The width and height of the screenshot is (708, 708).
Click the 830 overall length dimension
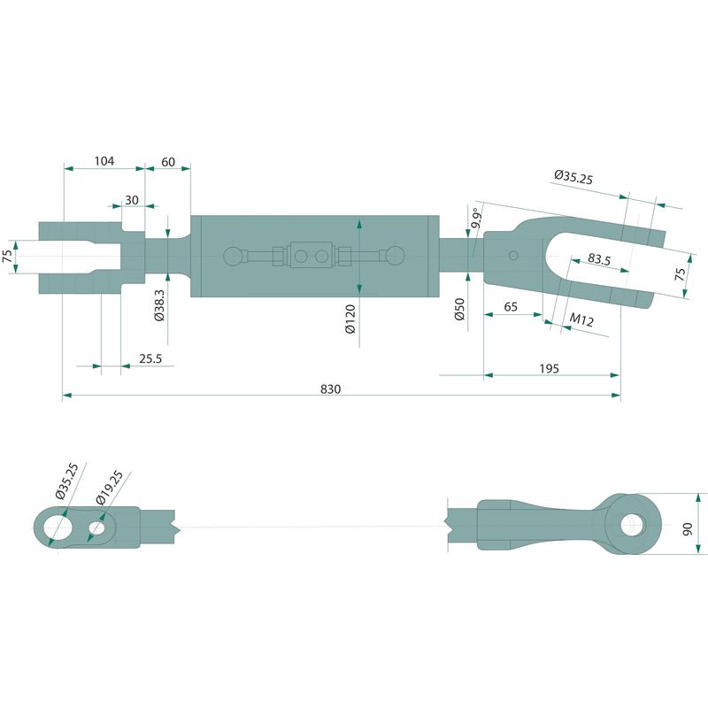[x=330, y=389]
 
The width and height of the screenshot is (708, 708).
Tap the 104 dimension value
[x=104, y=161]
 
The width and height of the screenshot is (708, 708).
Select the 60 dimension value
[x=168, y=162]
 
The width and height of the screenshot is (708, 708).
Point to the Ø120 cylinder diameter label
[x=350, y=319]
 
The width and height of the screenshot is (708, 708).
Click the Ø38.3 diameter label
[x=159, y=305]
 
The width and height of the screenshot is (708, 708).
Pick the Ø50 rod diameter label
[x=459, y=309]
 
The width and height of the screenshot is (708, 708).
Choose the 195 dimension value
[x=549, y=368]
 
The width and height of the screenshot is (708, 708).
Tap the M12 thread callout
[x=581, y=319]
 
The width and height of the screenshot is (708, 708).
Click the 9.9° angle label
[x=476, y=218]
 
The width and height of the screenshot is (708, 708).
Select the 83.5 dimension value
[x=599, y=259]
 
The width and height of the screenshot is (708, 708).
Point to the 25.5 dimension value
[x=150, y=358]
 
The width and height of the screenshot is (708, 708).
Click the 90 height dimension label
[x=687, y=528]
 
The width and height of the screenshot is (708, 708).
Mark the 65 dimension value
[x=511, y=306]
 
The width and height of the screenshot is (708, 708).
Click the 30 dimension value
[x=132, y=200]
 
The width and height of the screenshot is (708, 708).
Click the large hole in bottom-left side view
[x=58, y=527]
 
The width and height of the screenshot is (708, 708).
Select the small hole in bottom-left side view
[x=96, y=527]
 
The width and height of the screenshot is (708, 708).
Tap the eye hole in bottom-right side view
[x=633, y=525]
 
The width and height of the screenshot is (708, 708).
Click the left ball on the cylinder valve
[x=234, y=257]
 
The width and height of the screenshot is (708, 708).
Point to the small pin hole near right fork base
[x=513, y=256]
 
